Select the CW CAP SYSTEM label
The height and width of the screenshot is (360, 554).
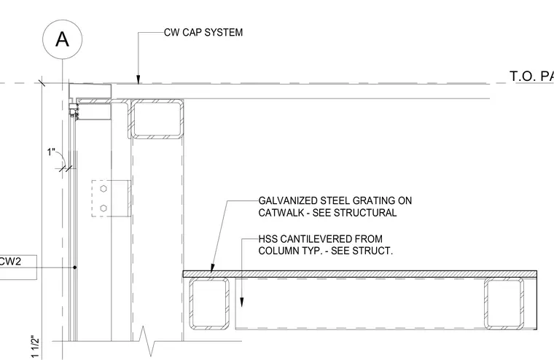pyautogui.click(x=203, y=33)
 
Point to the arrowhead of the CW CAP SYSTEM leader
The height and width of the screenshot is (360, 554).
pyautogui.click(x=138, y=80)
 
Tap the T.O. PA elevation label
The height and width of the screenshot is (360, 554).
pyautogui.click(x=531, y=76)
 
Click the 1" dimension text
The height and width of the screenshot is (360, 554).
pyautogui.click(x=51, y=152)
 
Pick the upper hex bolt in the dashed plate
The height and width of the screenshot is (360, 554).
pyautogui.click(x=104, y=189)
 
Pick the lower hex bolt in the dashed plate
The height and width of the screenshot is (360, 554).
pyautogui.click(x=104, y=208)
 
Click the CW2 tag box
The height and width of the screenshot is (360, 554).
pyautogui.click(x=17, y=267)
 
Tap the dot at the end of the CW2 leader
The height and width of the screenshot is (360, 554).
pyautogui.click(x=74, y=267)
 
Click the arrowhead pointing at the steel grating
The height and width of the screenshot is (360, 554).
pyautogui.click(x=212, y=268)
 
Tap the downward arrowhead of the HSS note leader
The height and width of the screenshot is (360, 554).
pyautogui.click(x=242, y=302)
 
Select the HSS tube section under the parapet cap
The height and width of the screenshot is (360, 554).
pyautogui.click(x=157, y=119)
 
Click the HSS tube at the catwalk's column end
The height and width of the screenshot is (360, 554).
pyautogui.click(x=209, y=303)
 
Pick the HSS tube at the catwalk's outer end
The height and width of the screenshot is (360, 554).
pyautogui.click(x=504, y=303)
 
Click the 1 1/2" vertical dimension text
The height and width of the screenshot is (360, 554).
pyautogui.click(x=35, y=346)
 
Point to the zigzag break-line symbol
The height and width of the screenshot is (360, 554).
pyautogui.click(x=147, y=341)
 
